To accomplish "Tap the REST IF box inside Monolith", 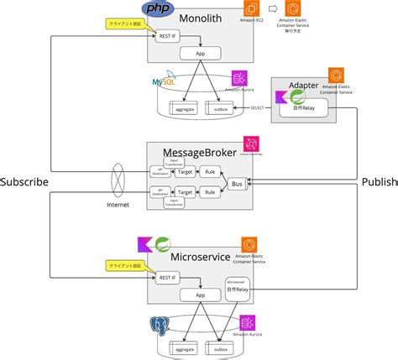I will click(168, 37).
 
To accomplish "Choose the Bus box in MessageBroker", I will click(238, 183).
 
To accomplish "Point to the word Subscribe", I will click(24, 181).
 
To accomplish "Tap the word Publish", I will click(379, 181).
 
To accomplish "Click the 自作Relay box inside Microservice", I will click(237, 290).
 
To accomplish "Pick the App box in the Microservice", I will click(201, 295).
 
